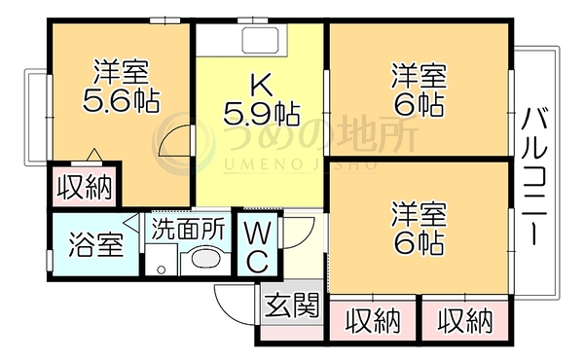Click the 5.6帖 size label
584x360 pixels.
pyautogui.click(x=121, y=101)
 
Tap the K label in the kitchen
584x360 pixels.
pyautogui.click(x=261, y=85)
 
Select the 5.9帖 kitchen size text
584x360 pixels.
pyautogui.click(x=261, y=114)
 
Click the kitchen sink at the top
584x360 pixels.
pyautogui.click(x=260, y=40)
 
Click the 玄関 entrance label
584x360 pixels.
pyautogui.click(x=293, y=305)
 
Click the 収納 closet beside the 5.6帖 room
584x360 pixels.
pyautogui.click(x=85, y=187)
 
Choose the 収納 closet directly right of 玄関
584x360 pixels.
pyautogui.click(x=373, y=320)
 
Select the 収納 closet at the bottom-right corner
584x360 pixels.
pyautogui.click(x=465, y=320)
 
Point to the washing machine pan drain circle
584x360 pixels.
pyautogui.click(x=162, y=270)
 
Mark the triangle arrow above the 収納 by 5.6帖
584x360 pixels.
pyautogui.click(x=94, y=155)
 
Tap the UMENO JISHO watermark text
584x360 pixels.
pyautogui.click(x=300, y=164)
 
